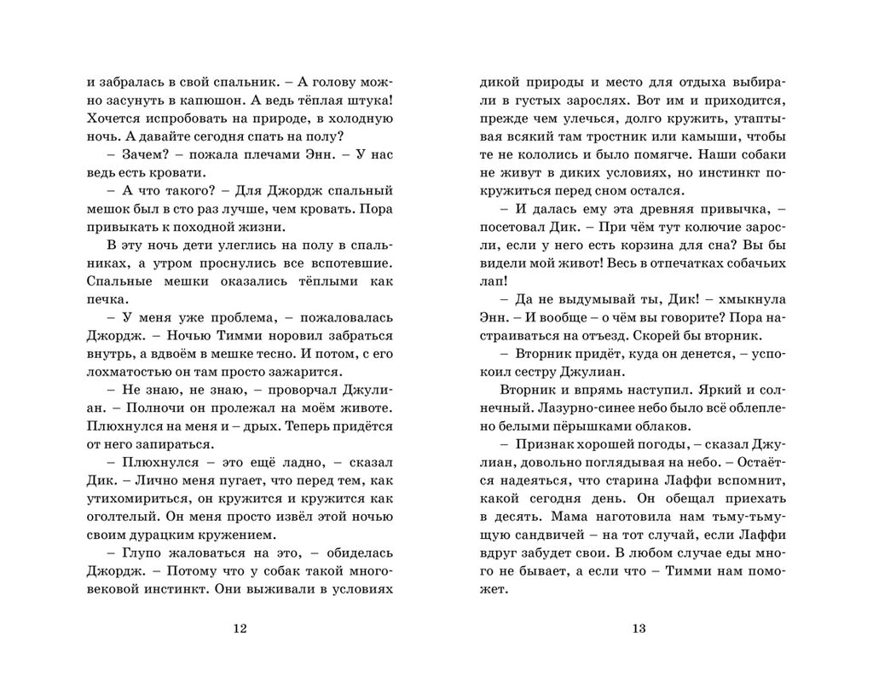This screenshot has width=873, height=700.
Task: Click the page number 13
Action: [x=638, y=628]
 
